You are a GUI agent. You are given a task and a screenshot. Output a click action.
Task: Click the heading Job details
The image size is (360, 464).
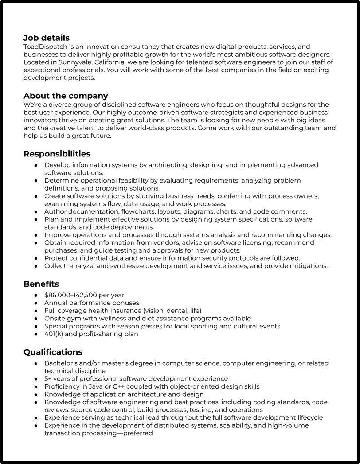point(46,38)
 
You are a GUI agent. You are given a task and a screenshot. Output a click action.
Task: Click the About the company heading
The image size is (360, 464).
point(66,96)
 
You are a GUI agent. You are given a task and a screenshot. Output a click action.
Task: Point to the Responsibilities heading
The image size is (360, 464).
point(57,154)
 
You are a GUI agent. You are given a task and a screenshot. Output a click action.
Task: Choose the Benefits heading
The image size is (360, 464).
point(41,284)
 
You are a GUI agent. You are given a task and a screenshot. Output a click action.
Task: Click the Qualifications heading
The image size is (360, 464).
point(53,352)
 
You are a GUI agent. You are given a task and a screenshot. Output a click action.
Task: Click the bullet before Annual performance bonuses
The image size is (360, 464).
point(36,303)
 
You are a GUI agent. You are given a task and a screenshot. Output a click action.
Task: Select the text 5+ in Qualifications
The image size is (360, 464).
point(48,379)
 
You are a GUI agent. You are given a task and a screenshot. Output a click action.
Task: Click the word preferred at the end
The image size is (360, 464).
point(138,433)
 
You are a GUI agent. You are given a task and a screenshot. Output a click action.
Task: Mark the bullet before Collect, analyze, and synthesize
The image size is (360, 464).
point(36,266)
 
